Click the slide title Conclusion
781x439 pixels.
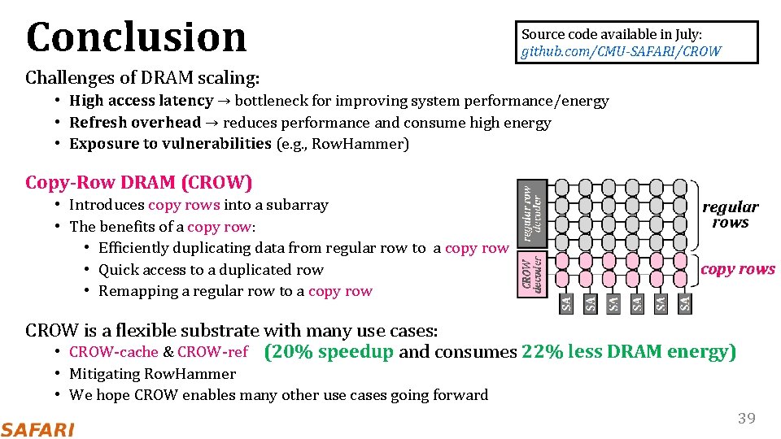pyautogui.click(x=136, y=37)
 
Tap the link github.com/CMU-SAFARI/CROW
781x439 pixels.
pyautogui.click(x=621, y=51)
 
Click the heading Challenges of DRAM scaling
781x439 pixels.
pyautogui.click(x=142, y=78)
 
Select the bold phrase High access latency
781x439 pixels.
pyautogui.click(x=141, y=101)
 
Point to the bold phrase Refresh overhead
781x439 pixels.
pyautogui.click(x=135, y=123)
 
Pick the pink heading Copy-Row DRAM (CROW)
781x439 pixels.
pyautogui.click(x=139, y=182)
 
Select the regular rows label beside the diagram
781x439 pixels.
pyautogui.click(x=730, y=215)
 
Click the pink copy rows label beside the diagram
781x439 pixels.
pyautogui.click(x=738, y=269)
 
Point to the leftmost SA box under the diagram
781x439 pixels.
pyautogui.click(x=567, y=303)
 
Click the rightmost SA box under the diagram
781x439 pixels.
pyautogui.click(x=685, y=303)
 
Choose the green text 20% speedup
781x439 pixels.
pyautogui.click(x=329, y=352)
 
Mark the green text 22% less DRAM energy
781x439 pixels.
pyautogui.click(x=629, y=352)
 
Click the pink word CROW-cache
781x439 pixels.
pyautogui.click(x=114, y=352)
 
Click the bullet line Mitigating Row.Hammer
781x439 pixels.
pyautogui.click(x=152, y=374)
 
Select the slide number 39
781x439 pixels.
pyautogui.click(x=746, y=419)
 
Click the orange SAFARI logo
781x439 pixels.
pyautogui.click(x=37, y=429)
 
